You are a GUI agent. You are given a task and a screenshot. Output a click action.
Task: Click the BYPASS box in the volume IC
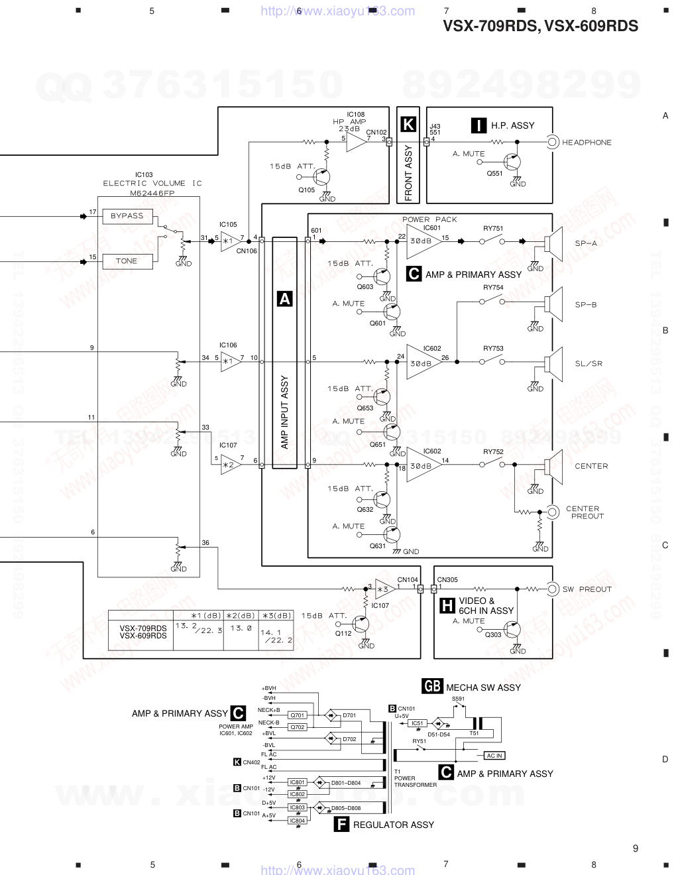pyautogui.click(x=127, y=216)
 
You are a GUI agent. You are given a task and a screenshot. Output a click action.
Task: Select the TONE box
pyautogui.click(x=127, y=261)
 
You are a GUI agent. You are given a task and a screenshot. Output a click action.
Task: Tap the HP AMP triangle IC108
pyautogui.click(x=357, y=142)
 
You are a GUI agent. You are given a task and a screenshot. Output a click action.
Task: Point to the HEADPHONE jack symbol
pyautogui.click(x=552, y=142)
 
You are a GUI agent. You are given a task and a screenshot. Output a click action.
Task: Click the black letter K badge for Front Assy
pyautogui.click(x=408, y=125)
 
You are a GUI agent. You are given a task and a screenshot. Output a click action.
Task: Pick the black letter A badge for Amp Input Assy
pyautogui.click(x=284, y=299)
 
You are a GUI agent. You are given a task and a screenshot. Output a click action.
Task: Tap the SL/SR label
pyautogui.click(x=589, y=363)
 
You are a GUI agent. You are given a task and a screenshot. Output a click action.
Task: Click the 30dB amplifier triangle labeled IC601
pyautogui.click(x=422, y=241)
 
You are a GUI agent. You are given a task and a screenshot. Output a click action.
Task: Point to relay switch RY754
pyautogui.click(x=492, y=302)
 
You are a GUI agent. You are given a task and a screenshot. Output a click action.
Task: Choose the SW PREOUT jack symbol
pyautogui.click(x=552, y=589)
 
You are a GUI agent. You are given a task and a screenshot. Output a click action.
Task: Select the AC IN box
pyautogui.click(x=494, y=756)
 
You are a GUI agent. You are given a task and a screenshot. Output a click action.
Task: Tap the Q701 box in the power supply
pyautogui.click(x=298, y=715)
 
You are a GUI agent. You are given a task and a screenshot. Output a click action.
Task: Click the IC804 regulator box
pyautogui.click(x=298, y=821)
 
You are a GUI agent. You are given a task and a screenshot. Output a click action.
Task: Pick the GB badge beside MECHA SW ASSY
pyautogui.click(x=432, y=687)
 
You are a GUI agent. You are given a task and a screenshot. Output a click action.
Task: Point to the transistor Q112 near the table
pyautogui.click(x=360, y=624)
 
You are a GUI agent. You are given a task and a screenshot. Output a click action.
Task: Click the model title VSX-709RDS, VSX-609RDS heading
pyautogui.click(x=540, y=27)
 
